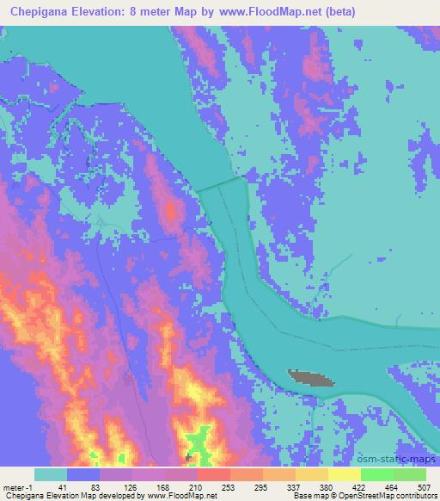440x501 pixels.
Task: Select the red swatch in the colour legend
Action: (214, 474)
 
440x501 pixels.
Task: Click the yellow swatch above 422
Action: (345, 474)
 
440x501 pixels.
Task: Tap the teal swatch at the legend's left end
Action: (51, 474)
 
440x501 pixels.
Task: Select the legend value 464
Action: (391, 487)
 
